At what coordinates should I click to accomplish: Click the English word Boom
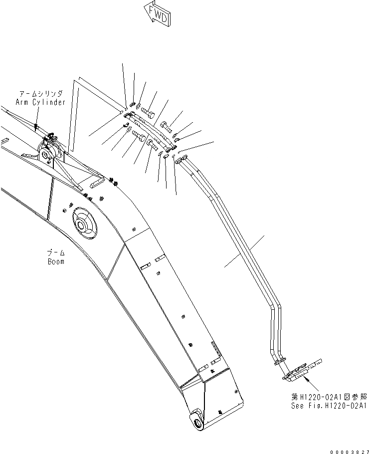[x=56, y=261]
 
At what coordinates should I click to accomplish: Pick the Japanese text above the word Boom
[x=56, y=253]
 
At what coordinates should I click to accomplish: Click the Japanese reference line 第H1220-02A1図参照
[x=329, y=397]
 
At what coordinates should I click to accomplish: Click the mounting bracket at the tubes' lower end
[x=303, y=371]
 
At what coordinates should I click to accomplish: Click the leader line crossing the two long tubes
[x=244, y=253]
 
